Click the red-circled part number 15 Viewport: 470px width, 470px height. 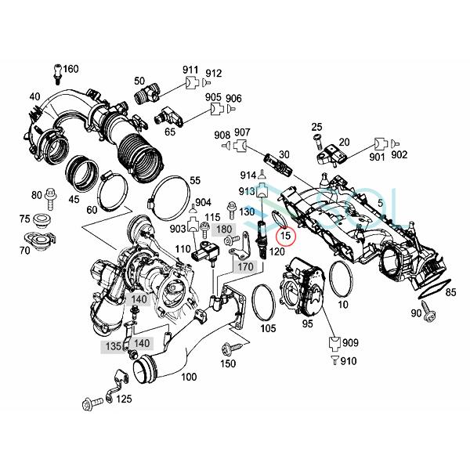point(286,233)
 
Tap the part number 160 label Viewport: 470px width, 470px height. point(70,70)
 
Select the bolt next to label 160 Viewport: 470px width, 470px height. point(57,73)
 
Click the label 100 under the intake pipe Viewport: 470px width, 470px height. point(189,377)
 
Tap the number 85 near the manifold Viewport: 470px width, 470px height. point(450,294)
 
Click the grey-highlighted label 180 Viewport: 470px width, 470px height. point(224,229)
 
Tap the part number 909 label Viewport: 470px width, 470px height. point(349,342)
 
